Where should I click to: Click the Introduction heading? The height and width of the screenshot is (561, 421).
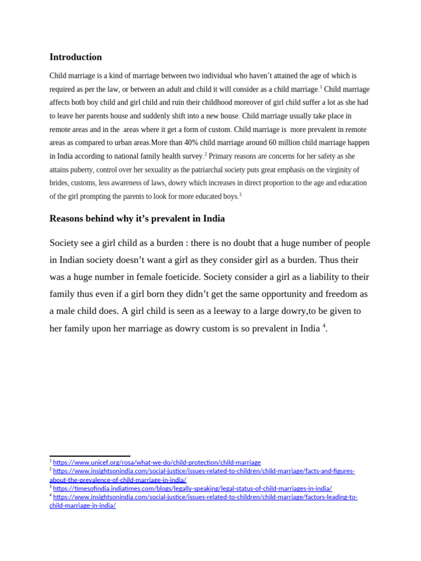click(76, 57)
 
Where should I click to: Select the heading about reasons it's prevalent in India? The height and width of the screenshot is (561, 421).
click(137, 219)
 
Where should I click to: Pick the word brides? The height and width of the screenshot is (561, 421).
click(60, 183)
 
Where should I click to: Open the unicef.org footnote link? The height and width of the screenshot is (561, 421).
click(157, 462)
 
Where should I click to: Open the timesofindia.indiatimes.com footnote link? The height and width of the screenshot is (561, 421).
click(192, 488)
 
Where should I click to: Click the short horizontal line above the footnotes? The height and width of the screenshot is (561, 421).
click(90, 456)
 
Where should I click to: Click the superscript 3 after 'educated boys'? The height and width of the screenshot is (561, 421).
click(240, 194)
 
